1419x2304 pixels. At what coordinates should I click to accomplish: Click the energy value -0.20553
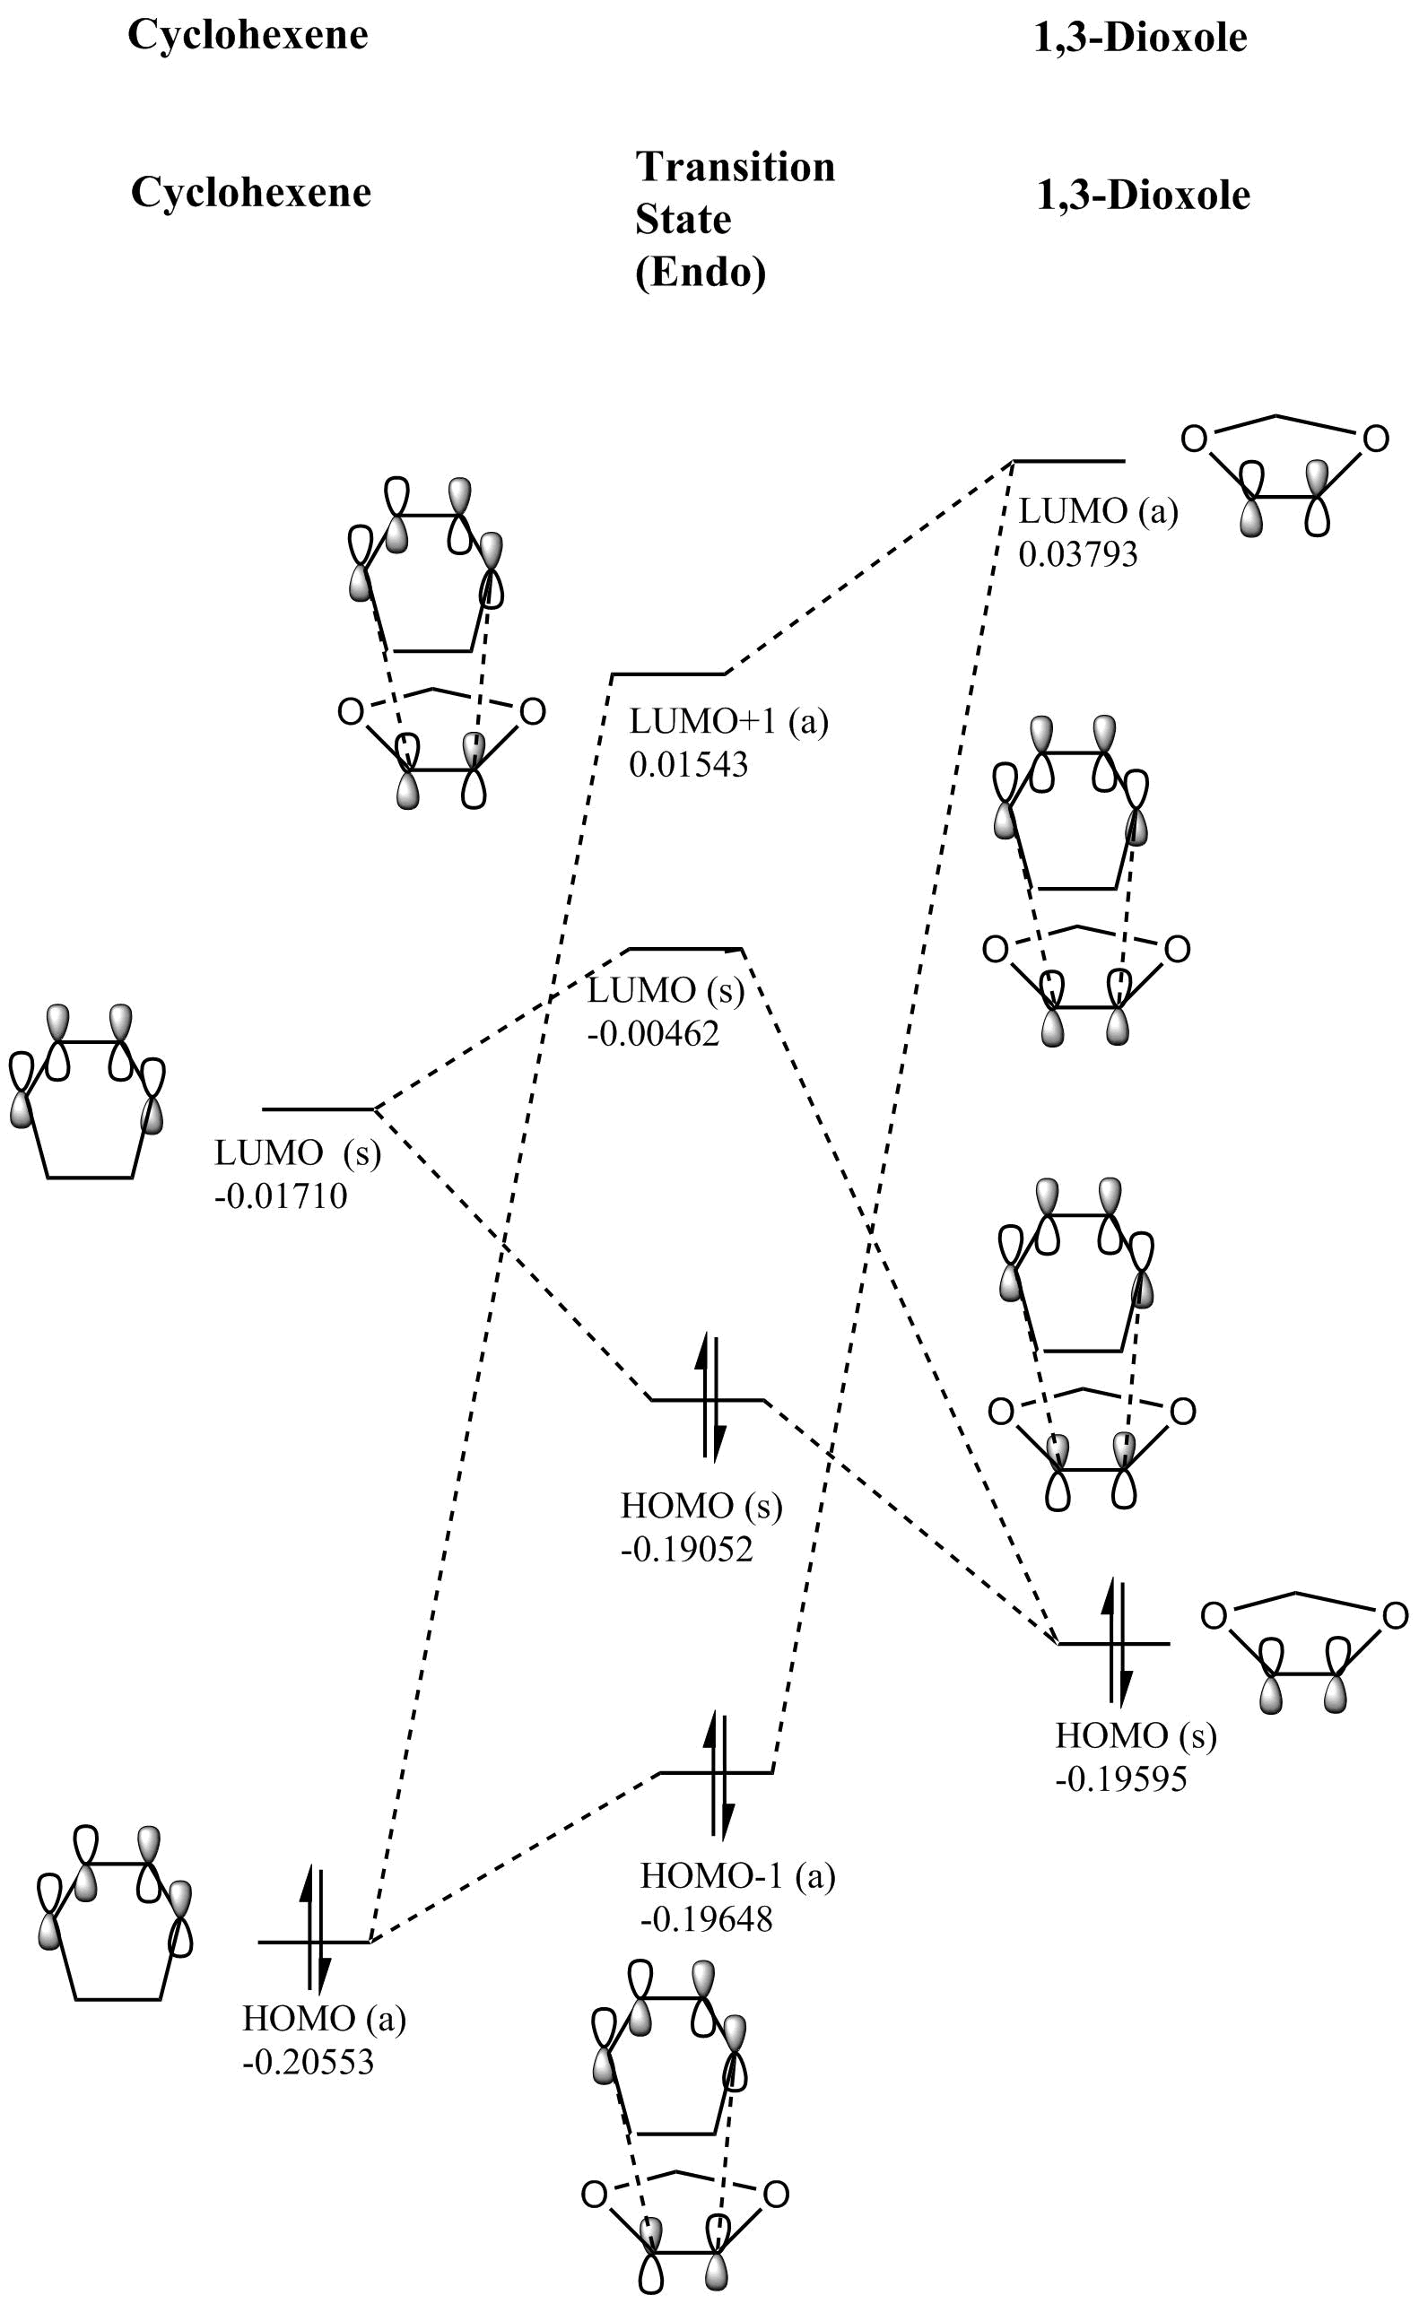(308, 2061)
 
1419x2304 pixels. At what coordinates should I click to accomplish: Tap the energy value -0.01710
(281, 1196)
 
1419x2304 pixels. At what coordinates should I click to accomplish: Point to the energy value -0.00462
(653, 1033)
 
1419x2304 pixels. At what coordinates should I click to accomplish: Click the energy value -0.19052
(687, 1549)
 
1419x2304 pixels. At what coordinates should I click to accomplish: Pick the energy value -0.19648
(707, 1918)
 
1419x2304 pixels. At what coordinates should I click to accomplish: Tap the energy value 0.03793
(1078, 554)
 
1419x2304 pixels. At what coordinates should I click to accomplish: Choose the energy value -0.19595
(1120, 1778)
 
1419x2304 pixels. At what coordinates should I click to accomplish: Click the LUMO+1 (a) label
(728, 721)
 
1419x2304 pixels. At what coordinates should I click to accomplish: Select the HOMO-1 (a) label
(736, 1875)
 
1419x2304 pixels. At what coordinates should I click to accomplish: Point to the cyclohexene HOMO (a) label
(324, 2018)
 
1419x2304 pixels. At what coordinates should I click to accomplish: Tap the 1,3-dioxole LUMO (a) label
(1098, 511)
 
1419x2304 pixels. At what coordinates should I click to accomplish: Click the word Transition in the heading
(735, 167)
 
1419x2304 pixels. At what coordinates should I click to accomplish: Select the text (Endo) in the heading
(701, 273)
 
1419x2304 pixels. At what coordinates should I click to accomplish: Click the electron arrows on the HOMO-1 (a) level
(718, 1774)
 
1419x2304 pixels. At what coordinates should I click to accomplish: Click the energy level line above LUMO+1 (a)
(667, 674)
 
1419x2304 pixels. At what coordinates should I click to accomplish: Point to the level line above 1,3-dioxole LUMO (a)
(1069, 462)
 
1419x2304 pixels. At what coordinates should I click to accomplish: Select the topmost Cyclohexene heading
(248, 36)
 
